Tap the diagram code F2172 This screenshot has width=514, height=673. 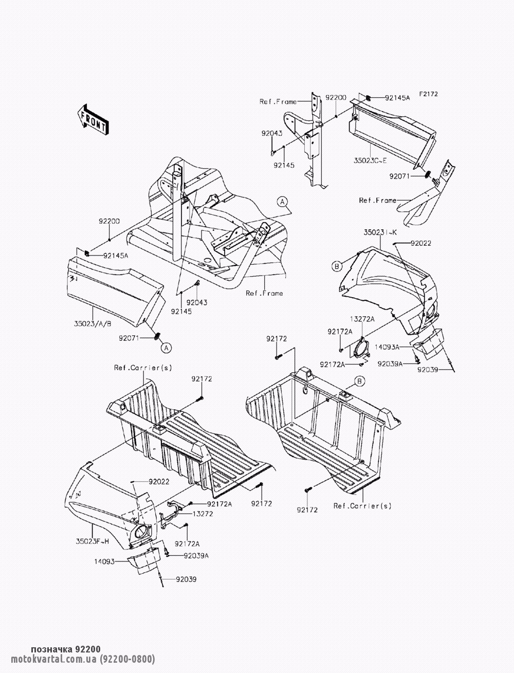[x=429, y=94]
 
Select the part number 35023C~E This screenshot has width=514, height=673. [x=370, y=160]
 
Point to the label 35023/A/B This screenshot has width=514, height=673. [x=93, y=323]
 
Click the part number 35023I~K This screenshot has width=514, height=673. [x=380, y=232]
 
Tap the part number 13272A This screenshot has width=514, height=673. [x=362, y=319]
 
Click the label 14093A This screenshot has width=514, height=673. [x=387, y=347]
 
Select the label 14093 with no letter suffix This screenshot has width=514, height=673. [x=104, y=562]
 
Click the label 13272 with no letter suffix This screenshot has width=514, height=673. [x=203, y=514]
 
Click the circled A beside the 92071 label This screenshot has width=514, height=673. [x=166, y=348]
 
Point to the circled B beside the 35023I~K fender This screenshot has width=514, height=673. [x=337, y=266]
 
